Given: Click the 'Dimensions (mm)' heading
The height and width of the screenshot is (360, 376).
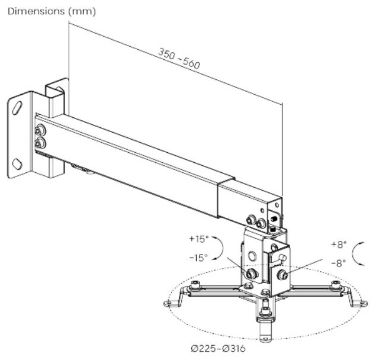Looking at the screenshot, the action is [x=52, y=11].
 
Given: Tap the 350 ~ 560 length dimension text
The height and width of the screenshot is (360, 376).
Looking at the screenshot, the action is [x=179, y=59].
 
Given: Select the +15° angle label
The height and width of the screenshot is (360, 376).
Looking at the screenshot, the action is [x=199, y=239].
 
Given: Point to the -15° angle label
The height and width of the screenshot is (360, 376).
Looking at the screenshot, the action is [x=198, y=258].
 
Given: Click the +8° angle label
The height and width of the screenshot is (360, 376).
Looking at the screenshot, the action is [x=339, y=245].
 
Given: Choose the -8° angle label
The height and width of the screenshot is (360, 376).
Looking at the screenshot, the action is [x=339, y=263].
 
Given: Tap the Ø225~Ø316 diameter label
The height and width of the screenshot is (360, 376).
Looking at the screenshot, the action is [x=218, y=348].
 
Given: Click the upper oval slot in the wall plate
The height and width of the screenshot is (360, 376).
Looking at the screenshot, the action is [x=17, y=108].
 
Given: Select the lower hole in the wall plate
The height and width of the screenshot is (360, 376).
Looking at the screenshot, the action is [x=17, y=164].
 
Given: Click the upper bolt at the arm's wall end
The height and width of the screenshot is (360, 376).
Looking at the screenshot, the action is [x=39, y=130].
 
